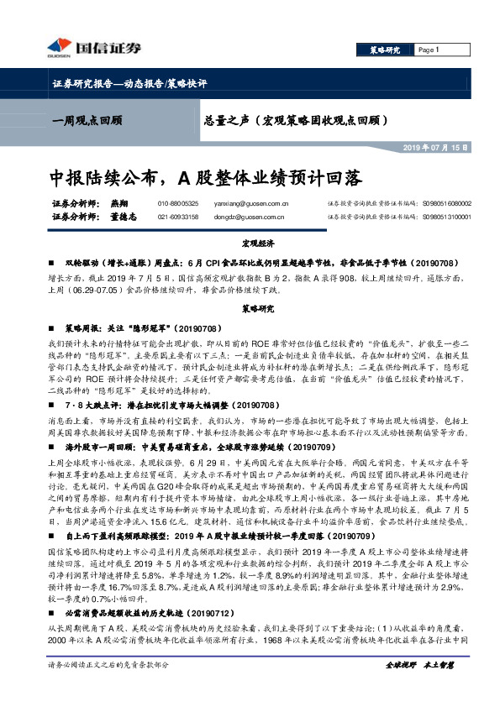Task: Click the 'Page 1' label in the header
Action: [x=429, y=50]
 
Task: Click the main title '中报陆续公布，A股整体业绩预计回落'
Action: [x=206, y=178]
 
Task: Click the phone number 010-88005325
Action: [x=177, y=203]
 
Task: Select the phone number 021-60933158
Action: [x=177, y=217]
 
